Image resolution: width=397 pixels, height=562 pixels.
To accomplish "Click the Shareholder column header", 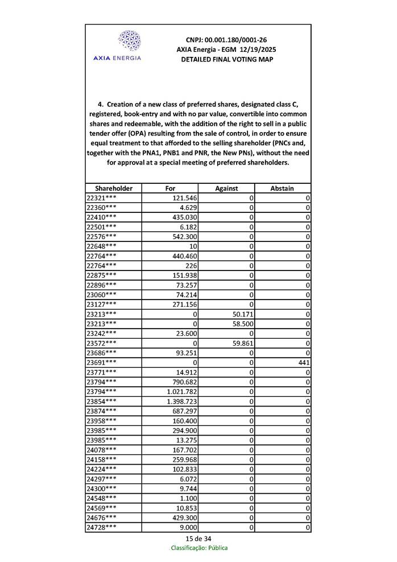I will click(x=114, y=188).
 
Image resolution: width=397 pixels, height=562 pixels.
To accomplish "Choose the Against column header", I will click(x=226, y=188).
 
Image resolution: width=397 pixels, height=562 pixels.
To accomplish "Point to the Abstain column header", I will click(x=282, y=188).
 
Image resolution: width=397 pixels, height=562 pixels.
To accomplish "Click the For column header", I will click(x=170, y=188).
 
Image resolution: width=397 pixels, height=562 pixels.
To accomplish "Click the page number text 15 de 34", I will click(x=198, y=539).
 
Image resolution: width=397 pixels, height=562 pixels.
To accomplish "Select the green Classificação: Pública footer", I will click(x=199, y=548).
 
